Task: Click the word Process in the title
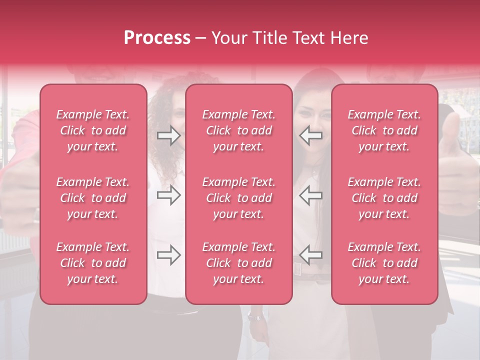(157, 38)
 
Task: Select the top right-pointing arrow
(169, 135)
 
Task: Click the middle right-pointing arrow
(169, 195)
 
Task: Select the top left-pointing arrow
(311, 135)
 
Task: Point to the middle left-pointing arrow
(311, 195)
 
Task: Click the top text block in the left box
(93, 130)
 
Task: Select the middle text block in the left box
(93, 198)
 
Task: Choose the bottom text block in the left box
(93, 263)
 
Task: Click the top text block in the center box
(238, 130)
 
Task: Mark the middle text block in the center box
(238, 198)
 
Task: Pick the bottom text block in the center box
(238, 263)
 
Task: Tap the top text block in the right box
(384, 130)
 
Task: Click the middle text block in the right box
(384, 198)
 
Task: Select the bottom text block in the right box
(384, 263)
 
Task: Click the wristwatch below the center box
(254, 316)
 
